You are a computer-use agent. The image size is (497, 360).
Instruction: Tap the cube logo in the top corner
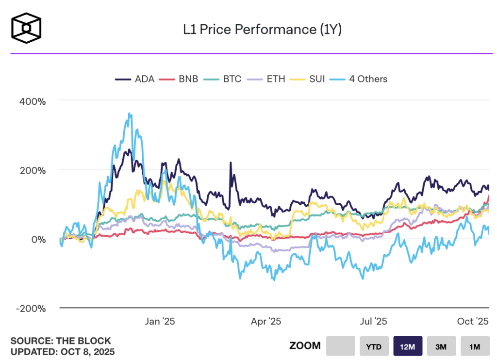click(27, 26)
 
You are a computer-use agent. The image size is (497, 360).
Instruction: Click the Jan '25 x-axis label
click(160, 321)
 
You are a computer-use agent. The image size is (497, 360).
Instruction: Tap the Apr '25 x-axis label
click(266, 321)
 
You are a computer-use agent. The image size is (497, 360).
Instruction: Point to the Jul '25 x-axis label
click(373, 321)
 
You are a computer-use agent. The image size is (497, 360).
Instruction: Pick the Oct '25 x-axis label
click(473, 321)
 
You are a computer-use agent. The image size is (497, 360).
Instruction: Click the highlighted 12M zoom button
click(408, 346)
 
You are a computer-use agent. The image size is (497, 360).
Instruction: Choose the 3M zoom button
click(441, 346)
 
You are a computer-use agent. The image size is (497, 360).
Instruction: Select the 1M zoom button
click(475, 346)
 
